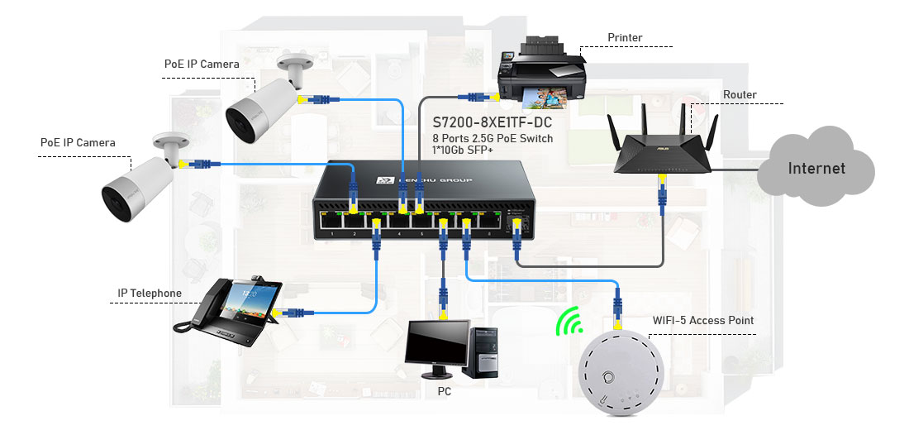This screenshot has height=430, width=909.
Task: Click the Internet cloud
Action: tap(816, 169)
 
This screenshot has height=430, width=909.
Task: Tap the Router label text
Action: tap(740, 95)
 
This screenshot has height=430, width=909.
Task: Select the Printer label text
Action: tap(625, 38)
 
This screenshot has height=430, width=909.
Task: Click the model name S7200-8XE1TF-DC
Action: tap(493, 123)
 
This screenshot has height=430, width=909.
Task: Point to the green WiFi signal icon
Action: tap(569, 323)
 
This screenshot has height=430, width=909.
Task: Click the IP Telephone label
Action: tap(150, 294)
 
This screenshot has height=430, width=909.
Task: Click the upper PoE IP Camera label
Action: tap(202, 64)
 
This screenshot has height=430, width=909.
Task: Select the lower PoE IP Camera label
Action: tap(78, 142)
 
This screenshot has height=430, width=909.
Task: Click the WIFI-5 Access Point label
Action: tap(703, 320)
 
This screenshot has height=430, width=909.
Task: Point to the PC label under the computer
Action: tap(445, 391)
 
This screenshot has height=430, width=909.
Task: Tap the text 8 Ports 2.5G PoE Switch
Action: tap(493, 138)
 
